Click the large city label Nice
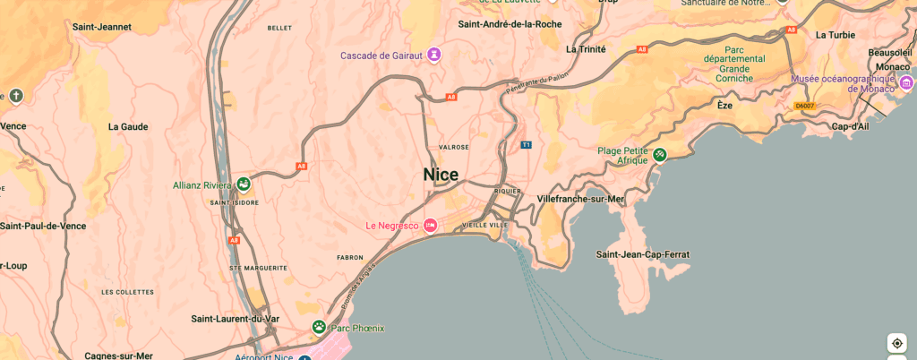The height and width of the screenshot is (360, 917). [441, 175]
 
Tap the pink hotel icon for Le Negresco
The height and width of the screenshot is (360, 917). [431, 225]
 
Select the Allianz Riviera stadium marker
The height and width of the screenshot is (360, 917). [244, 184]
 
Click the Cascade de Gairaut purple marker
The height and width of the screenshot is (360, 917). [434, 55]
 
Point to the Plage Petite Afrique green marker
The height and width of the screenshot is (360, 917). [660, 155]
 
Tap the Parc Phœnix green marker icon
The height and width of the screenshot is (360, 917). [319, 328]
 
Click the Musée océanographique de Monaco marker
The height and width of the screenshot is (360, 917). [906, 83]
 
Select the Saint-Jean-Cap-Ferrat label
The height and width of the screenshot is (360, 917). [643, 255]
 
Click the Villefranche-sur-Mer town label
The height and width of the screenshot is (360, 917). [580, 198]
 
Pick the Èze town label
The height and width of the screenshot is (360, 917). [724, 105]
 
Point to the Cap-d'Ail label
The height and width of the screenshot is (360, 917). [850, 126]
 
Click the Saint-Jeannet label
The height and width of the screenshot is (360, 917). [101, 27]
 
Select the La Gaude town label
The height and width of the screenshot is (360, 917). [128, 127]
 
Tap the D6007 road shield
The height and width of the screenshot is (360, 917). [805, 106]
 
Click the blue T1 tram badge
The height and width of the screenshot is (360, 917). [527, 144]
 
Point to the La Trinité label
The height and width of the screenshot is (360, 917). [586, 49]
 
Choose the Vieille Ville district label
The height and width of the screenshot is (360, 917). [484, 225]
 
